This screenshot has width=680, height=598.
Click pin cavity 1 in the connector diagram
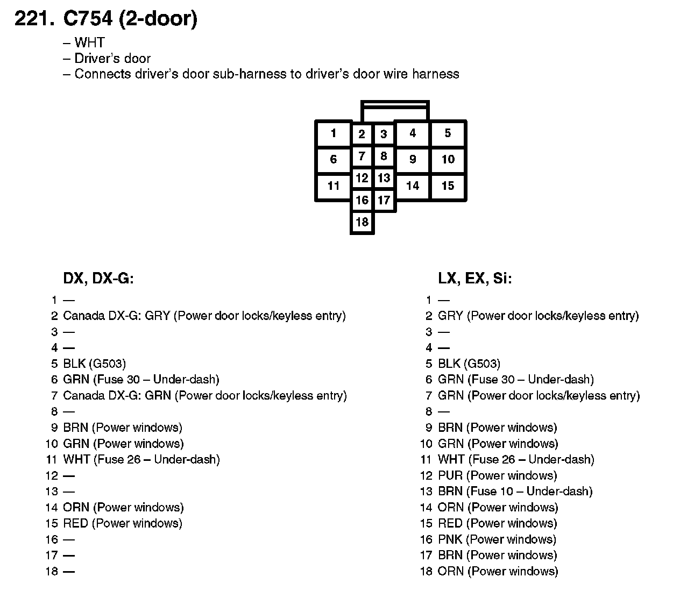334,133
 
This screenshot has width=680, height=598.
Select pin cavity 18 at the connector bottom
362,222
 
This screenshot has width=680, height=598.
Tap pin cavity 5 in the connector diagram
448,133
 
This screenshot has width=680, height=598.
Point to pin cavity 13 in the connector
384,178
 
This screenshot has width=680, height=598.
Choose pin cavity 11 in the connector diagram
334,186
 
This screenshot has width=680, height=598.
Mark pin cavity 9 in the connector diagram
413,159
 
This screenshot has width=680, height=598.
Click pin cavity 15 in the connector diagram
448,186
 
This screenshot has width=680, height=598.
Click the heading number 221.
34,19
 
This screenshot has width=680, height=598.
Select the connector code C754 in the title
88,19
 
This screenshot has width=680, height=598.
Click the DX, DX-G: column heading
98,279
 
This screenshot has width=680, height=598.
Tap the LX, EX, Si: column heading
475,279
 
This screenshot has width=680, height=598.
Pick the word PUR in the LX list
450,475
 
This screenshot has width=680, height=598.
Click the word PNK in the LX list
450,539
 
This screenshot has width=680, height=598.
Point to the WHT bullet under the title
89,42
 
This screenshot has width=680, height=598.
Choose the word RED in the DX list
75,523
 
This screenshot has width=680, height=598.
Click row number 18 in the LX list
426,571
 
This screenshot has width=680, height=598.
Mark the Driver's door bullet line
112,58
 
